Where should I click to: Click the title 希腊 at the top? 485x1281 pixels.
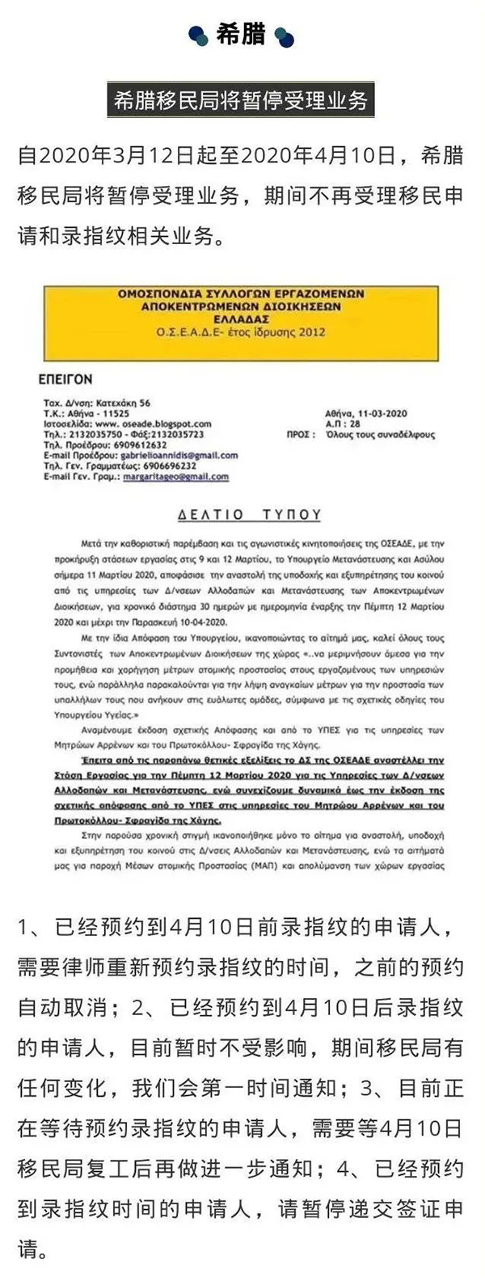(x=241, y=36)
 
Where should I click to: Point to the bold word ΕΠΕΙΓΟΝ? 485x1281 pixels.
(x=65, y=377)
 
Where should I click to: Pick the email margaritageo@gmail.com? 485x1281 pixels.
(x=175, y=477)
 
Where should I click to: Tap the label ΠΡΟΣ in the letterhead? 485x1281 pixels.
(x=300, y=434)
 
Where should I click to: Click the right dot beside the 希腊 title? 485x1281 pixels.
(x=284, y=36)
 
